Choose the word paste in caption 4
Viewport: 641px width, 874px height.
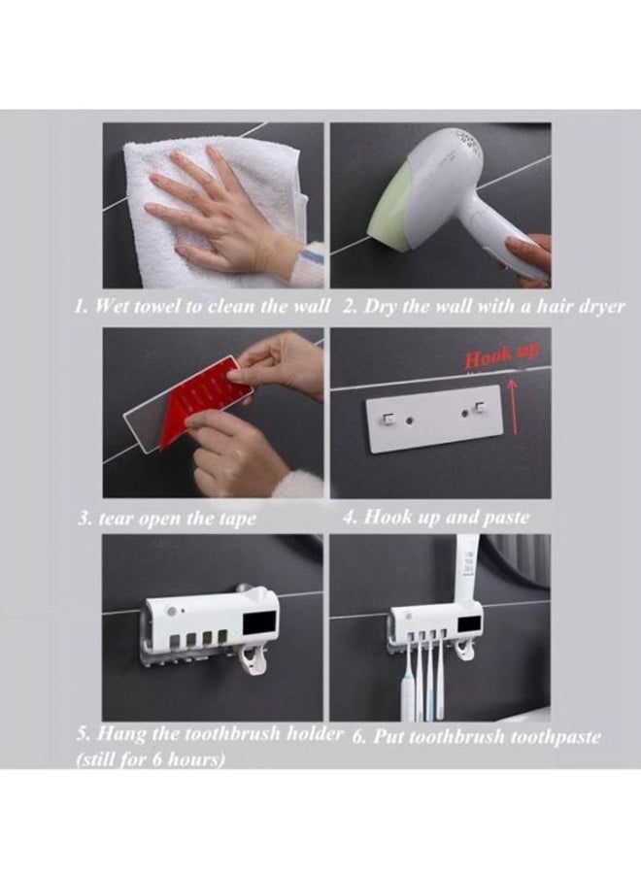pos(504,517)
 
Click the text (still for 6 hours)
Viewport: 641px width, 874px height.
pos(151,759)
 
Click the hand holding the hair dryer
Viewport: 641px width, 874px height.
pos(529,258)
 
